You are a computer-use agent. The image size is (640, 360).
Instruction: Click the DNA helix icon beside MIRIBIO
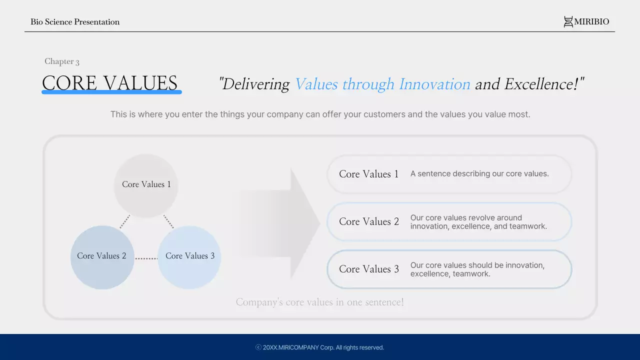click(x=568, y=21)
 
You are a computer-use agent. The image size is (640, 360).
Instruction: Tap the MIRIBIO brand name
click(x=591, y=21)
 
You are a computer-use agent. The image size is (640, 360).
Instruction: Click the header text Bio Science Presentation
click(x=75, y=21)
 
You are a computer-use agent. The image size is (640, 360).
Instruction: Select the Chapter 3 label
click(x=62, y=61)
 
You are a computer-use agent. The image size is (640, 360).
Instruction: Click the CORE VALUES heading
click(x=110, y=82)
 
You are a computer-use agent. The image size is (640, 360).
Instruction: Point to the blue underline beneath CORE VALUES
click(x=111, y=92)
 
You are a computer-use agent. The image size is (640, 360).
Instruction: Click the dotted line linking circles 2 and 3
click(x=146, y=258)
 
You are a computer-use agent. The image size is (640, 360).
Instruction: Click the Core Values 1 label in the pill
click(x=368, y=174)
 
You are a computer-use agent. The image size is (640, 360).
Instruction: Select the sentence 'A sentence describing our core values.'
click(x=479, y=174)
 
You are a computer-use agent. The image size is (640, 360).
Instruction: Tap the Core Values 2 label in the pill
click(x=369, y=221)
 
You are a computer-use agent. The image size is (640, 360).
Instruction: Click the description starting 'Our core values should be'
click(x=477, y=269)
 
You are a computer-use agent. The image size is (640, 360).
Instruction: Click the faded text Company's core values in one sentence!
click(x=320, y=302)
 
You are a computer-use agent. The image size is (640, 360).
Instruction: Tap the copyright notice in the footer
click(x=320, y=347)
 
